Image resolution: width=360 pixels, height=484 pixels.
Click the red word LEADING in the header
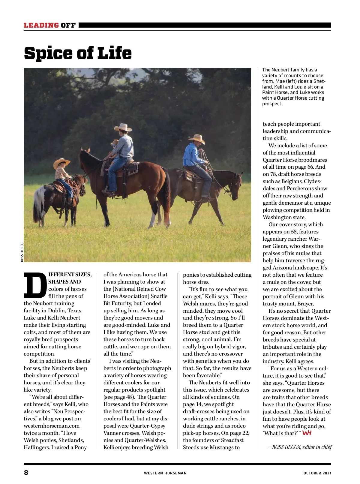tap(41, 25)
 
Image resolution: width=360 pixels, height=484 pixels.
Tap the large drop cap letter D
tap(35, 284)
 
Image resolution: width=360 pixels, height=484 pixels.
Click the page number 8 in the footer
tap(26, 472)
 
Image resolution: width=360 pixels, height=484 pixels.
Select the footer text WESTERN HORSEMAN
tap(165, 473)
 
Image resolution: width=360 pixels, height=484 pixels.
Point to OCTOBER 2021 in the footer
tap(317, 473)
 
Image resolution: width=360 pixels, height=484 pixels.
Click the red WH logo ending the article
tap(307, 433)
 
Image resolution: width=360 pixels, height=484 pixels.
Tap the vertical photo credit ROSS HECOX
tap(22, 252)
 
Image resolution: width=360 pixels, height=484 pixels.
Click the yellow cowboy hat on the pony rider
tap(61, 163)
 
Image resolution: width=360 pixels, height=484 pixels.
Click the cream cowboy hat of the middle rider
tap(123, 127)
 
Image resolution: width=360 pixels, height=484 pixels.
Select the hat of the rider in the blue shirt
tap(197, 139)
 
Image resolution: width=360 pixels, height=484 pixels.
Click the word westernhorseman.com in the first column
tap(52, 426)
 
